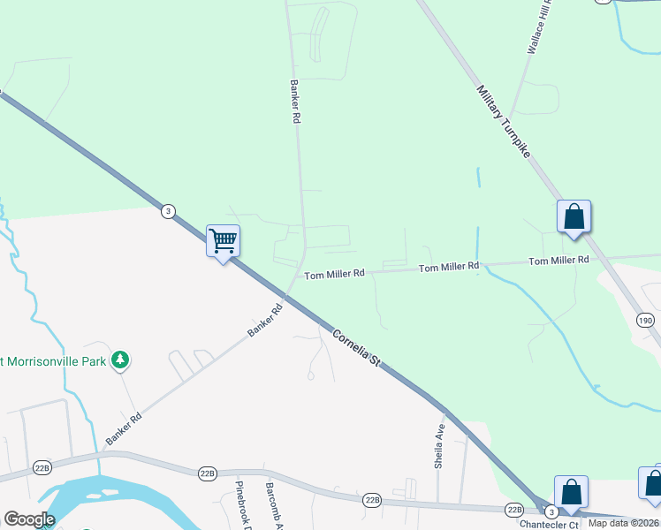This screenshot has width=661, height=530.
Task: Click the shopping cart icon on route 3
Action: point(223,240)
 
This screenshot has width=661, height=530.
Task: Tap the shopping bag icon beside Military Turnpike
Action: point(574,216)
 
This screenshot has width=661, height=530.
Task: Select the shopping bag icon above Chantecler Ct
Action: point(571,492)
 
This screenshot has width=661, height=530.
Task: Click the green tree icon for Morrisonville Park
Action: point(120,360)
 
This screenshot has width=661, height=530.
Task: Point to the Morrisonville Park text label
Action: point(53,360)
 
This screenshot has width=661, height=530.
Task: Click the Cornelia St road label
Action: point(356,348)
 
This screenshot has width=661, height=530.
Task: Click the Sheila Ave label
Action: point(440,443)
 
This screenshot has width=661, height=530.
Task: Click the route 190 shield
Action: point(645,320)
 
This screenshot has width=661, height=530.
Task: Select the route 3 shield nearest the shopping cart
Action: point(168,211)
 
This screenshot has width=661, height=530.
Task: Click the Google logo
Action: point(29,519)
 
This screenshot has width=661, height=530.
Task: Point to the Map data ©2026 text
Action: point(624,523)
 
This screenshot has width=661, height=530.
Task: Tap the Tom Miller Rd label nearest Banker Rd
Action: point(335,275)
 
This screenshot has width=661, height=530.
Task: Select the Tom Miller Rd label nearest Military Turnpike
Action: point(558,261)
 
